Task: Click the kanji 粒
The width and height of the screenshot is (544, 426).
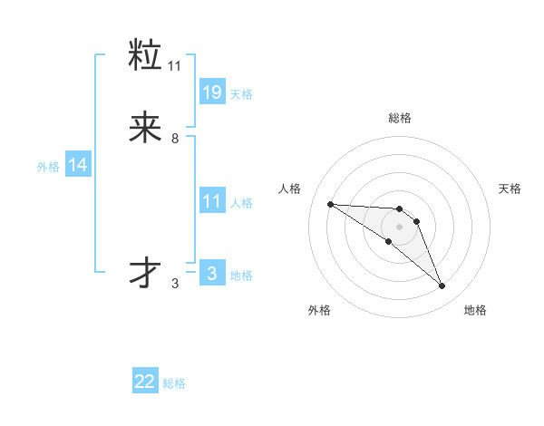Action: [x=145, y=56]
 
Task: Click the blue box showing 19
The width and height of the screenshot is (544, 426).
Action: [x=211, y=92]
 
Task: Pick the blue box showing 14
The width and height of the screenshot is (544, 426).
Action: [x=78, y=165]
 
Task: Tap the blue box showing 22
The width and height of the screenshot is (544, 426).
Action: [x=145, y=382]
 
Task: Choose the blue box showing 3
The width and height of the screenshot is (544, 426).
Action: [x=211, y=273]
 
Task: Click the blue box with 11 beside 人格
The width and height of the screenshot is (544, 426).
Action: [x=211, y=200]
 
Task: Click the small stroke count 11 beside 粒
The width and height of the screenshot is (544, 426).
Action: [x=175, y=66]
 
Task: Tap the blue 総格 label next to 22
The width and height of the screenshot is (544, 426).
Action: [x=174, y=383]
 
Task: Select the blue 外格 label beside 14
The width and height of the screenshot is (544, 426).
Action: [x=48, y=167]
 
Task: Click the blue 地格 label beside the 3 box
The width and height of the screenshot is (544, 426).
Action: [x=241, y=276]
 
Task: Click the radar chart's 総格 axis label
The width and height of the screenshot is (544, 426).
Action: [x=400, y=118]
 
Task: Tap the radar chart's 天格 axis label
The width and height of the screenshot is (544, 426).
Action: [x=510, y=189]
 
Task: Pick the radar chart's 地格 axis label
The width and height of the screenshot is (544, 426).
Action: [x=475, y=310]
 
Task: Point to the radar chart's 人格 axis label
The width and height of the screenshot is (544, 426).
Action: [x=289, y=189]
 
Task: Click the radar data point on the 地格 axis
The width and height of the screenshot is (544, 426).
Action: [x=442, y=286]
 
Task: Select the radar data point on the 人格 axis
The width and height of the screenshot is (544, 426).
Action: [x=330, y=204]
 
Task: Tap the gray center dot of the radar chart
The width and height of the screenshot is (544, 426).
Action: [x=400, y=226]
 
